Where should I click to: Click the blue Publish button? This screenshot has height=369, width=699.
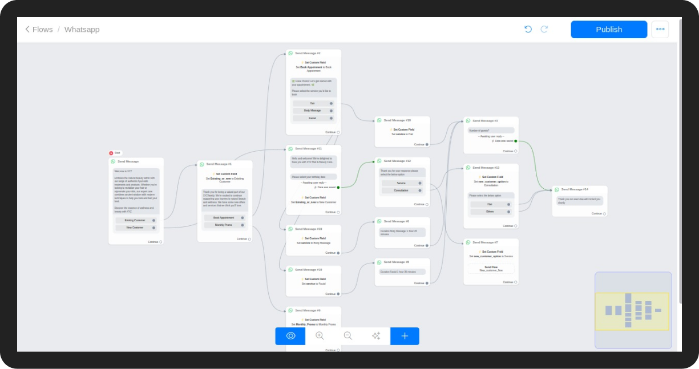[x=609, y=30]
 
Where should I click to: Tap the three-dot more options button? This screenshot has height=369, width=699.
[x=660, y=30]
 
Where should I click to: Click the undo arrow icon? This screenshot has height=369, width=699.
[x=528, y=29]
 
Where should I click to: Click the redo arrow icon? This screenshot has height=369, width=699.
[x=544, y=29]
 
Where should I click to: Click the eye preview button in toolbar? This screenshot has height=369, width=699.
[x=290, y=336]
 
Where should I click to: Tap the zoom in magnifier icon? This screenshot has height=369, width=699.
[x=320, y=336]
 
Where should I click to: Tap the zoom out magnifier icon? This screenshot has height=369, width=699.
[x=348, y=336]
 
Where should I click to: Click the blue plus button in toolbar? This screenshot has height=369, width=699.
[x=405, y=336]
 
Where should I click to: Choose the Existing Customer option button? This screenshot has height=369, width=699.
[x=136, y=220]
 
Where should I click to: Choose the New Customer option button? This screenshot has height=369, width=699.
[x=136, y=228]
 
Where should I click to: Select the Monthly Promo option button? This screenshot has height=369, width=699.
[x=224, y=225]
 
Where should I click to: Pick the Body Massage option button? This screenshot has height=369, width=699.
[x=313, y=111]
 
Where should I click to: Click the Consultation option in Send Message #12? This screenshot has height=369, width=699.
[x=402, y=190]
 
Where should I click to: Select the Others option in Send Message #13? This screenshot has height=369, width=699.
[x=490, y=212]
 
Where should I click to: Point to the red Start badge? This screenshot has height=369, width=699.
[x=115, y=153]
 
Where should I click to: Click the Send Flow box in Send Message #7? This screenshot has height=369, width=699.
[x=491, y=269]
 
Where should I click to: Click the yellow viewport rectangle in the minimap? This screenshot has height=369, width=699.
[x=632, y=311]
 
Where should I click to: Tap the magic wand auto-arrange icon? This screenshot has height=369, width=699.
[x=376, y=336]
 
